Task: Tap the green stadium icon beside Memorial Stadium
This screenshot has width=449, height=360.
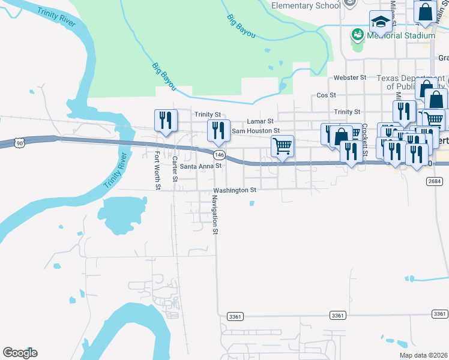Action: [x=358, y=35]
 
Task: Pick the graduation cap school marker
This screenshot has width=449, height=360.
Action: [x=381, y=23]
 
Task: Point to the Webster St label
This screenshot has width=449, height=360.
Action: [x=350, y=78]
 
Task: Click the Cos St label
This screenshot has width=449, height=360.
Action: [x=326, y=95]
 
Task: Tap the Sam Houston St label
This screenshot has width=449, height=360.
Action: [x=256, y=130]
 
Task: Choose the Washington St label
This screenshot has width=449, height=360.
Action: [x=235, y=190]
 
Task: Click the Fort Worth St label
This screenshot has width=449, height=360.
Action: [x=157, y=170]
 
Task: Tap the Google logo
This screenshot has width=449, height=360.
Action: [x=20, y=353]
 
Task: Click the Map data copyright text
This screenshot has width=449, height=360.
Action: [x=424, y=355]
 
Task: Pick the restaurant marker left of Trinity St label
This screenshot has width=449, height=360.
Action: [x=164, y=120]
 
